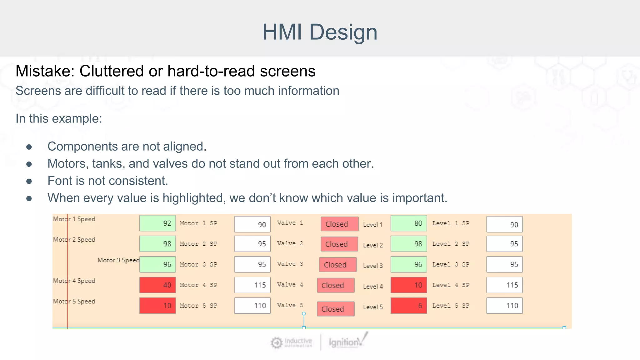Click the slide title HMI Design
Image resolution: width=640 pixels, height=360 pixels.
[320, 32]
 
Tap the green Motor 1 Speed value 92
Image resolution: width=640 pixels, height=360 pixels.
[157, 223]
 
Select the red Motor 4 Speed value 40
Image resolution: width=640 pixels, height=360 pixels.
[157, 285]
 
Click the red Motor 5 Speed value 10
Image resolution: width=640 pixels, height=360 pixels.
[157, 306]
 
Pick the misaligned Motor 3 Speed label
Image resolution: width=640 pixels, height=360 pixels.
[118, 260]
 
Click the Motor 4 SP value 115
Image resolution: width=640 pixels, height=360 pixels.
[252, 285]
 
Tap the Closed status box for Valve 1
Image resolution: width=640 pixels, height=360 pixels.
[339, 224]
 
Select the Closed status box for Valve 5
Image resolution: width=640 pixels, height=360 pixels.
[336, 309]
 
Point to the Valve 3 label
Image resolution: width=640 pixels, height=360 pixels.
[290, 264]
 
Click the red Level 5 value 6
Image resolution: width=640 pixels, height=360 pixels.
[409, 306]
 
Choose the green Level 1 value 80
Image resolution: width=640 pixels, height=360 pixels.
[409, 223]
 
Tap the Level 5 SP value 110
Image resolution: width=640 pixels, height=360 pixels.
[504, 306]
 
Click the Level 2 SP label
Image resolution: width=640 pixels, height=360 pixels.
[451, 244]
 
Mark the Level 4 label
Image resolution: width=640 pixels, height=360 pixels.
[373, 286]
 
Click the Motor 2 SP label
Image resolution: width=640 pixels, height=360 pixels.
[198, 244]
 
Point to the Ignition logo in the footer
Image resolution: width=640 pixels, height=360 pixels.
[347, 342]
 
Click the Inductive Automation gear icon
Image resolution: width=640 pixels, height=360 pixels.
[276, 342]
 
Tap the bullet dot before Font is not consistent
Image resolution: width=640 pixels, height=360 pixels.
[29, 181]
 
